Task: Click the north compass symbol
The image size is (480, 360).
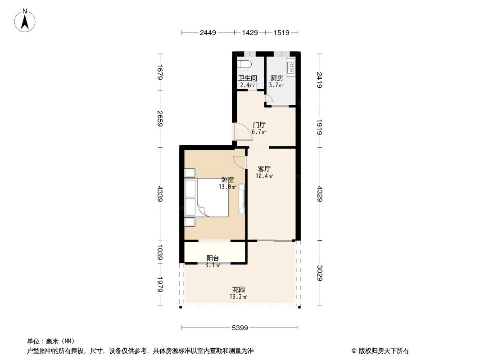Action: (25, 20)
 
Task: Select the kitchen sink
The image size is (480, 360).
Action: (291, 67)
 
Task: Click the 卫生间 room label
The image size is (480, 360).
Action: (247, 78)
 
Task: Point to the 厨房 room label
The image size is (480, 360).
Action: (276, 78)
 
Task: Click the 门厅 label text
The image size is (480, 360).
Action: (259, 125)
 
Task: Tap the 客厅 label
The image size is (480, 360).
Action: (264, 169)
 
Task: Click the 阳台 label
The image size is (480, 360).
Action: (213, 258)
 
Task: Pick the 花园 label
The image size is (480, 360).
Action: (238, 289)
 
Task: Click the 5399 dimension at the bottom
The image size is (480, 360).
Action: (240, 328)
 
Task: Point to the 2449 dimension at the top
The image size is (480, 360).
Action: (208, 32)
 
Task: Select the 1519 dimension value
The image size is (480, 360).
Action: (281, 32)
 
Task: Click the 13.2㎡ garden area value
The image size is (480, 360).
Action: (238, 297)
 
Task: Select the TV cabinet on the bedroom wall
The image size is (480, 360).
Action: (242, 198)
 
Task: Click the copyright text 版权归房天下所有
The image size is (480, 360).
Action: (380, 351)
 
